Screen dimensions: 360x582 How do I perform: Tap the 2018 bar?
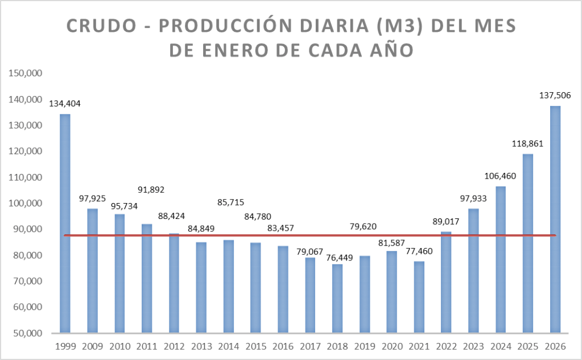(x=337, y=298)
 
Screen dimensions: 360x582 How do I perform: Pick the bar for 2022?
(x=446, y=282)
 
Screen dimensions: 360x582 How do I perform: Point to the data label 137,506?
(x=555, y=95)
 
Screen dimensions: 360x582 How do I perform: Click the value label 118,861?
(x=527, y=143)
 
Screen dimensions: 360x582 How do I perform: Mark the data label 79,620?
(x=365, y=227)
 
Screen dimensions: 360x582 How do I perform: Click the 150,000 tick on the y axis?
(x=25, y=73)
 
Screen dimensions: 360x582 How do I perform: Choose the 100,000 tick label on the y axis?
(x=25, y=203)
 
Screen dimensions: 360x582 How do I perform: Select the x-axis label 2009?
(x=92, y=346)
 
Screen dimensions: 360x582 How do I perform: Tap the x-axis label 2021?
(x=419, y=346)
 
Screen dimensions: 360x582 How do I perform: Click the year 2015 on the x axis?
(x=255, y=346)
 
